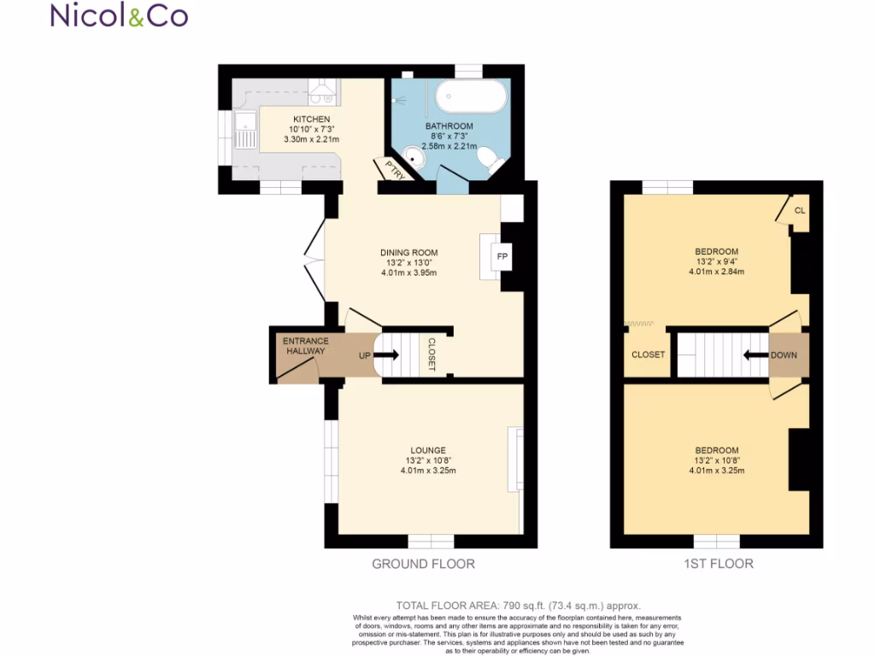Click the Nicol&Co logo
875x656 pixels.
[x=120, y=15]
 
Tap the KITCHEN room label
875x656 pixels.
[x=311, y=119]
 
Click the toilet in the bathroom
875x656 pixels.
[x=488, y=159]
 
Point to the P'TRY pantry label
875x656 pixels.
[x=394, y=169]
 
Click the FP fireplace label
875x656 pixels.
[x=501, y=256]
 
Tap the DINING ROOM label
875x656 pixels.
[x=408, y=253]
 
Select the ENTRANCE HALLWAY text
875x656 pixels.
[x=306, y=346]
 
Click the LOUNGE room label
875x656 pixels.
[x=428, y=450]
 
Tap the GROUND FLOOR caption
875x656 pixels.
[x=423, y=564]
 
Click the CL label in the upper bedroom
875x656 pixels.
[x=799, y=210]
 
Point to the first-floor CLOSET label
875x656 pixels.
[x=648, y=354]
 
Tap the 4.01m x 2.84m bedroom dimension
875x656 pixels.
[x=716, y=272]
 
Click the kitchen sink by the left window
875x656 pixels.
[x=246, y=134]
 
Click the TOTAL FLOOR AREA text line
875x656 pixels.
[x=519, y=605]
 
